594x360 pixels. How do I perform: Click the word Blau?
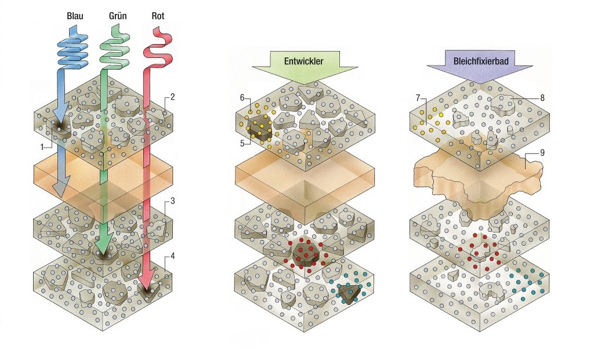click(x=75, y=16)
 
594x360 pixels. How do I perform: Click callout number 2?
click(x=172, y=97)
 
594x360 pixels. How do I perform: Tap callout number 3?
click(x=172, y=202)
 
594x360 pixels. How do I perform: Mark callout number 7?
click(x=418, y=99)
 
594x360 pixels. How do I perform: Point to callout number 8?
click(x=542, y=98)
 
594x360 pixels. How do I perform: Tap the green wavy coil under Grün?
click(x=115, y=49)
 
